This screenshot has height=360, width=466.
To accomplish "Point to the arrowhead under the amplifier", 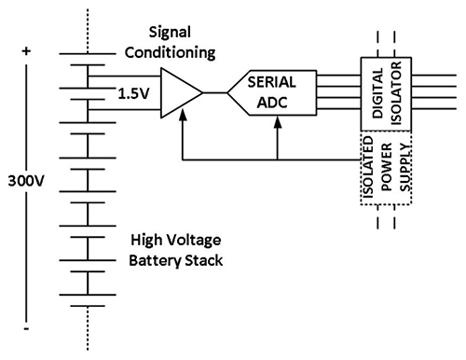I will point(182,115).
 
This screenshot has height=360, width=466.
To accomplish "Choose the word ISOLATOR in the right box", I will point(396,92).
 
